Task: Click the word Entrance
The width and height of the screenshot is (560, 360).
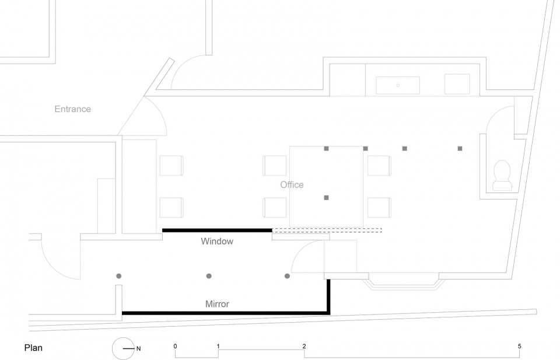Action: click(72, 109)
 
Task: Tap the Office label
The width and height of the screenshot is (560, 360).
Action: click(292, 184)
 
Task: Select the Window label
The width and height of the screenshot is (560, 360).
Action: click(217, 241)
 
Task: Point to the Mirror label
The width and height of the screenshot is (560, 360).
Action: click(217, 304)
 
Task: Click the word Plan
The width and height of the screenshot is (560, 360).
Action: click(33, 348)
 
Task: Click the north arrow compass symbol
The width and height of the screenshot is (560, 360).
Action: click(124, 348)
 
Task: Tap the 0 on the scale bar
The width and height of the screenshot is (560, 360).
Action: click(175, 346)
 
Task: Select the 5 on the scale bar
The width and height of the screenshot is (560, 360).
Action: click(520, 346)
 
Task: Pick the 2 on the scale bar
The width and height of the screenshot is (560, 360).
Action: click(304, 346)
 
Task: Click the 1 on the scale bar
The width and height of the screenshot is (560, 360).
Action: click(218, 346)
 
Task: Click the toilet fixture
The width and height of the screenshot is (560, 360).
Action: click(502, 176)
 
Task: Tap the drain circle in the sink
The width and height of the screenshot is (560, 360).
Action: click(398, 85)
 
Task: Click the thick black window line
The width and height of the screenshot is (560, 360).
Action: click(217, 230)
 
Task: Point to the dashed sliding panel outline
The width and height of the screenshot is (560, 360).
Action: click(327, 230)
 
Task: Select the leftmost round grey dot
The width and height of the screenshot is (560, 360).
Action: click(119, 276)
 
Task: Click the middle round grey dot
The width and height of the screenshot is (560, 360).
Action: click(209, 276)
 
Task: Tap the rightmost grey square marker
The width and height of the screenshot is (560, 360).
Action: click(460, 149)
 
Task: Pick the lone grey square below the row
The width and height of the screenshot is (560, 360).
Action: click(326, 197)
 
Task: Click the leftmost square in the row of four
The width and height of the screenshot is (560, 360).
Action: click(326, 149)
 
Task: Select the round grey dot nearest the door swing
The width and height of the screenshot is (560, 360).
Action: click(287, 276)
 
